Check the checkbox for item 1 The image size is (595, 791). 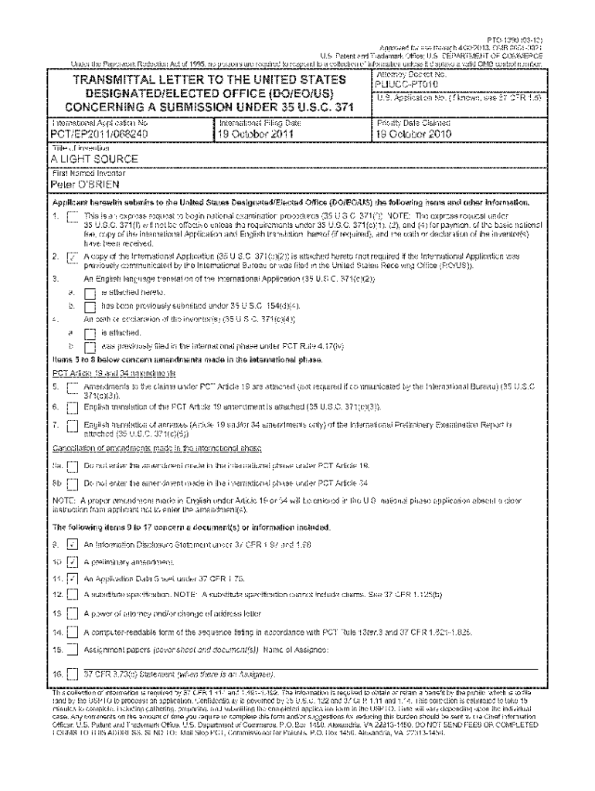[x=73, y=216]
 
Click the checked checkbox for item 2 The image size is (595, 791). [x=73, y=258]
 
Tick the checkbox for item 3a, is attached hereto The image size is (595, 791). [x=89, y=294]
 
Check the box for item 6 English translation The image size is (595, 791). [x=73, y=406]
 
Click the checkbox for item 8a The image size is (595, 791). [x=73, y=467]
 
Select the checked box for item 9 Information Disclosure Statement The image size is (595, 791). [x=73, y=545]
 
